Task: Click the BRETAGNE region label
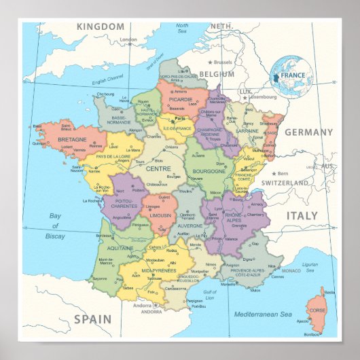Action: click(x=71, y=139)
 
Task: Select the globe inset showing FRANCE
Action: click(x=291, y=76)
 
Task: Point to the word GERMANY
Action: click(x=308, y=132)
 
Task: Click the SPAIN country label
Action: click(x=92, y=319)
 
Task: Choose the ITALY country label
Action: click(x=301, y=215)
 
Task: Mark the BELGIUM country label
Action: click(x=217, y=74)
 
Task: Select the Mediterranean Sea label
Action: click(x=263, y=314)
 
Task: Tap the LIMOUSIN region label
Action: click(x=160, y=215)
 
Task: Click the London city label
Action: click(x=128, y=40)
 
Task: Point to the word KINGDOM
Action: click(x=101, y=26)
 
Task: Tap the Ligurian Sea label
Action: click(x=310, y=266)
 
